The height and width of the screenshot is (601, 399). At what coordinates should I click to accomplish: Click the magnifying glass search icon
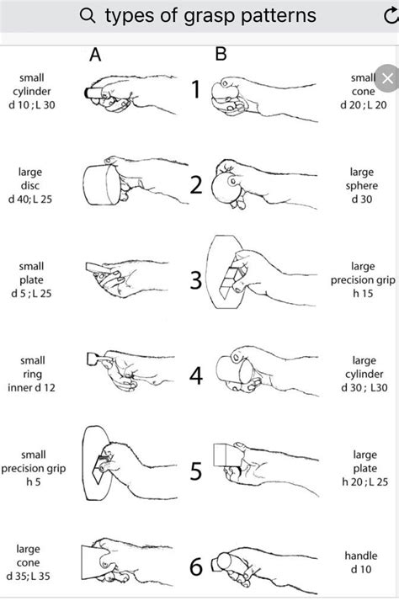(x=88, y=16)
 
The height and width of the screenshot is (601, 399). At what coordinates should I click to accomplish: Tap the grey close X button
(x=386, y=79)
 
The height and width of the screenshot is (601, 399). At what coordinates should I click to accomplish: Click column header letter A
(x=96, y=56)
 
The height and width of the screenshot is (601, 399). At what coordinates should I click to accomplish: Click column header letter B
(x=221, y=56)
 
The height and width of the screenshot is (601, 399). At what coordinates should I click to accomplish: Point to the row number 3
(x=195, y=280)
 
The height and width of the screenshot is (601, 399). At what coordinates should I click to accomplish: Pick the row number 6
(x=195, y=566)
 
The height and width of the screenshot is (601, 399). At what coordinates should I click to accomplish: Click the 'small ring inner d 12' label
(x=31, y=378)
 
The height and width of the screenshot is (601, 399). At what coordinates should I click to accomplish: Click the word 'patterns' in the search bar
(x=276, y=16)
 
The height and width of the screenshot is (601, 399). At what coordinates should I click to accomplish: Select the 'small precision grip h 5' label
(x=31, y=468)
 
